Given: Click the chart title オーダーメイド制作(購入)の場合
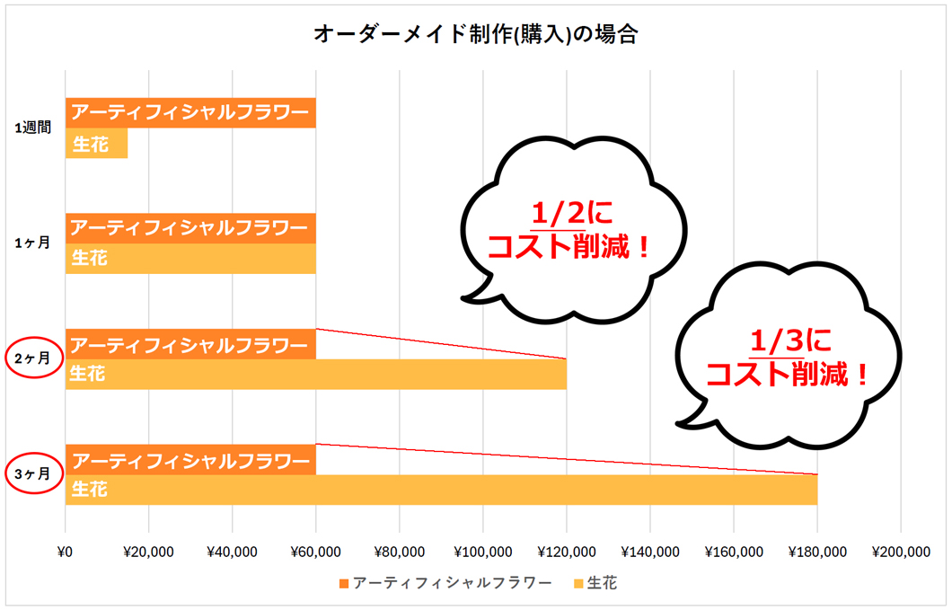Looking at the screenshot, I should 476,34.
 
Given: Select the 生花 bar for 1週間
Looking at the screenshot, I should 96,144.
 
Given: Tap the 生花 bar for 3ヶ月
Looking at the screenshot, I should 441,490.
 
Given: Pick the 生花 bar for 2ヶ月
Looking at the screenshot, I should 315,374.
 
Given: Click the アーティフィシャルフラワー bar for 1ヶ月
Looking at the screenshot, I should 190,228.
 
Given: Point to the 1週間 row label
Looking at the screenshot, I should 32,128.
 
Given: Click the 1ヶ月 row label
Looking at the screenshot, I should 32,243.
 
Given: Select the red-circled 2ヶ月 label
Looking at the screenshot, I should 32,358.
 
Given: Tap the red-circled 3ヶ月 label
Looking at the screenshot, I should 32,473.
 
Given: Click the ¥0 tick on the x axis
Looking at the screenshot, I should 65,552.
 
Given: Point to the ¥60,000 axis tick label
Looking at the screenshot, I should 315,552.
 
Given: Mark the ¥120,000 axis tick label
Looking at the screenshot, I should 566,552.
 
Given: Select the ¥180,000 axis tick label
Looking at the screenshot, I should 816,552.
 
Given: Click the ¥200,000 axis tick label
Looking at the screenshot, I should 900,552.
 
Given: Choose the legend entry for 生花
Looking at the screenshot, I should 595,584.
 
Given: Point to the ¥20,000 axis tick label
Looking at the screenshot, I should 148,552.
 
